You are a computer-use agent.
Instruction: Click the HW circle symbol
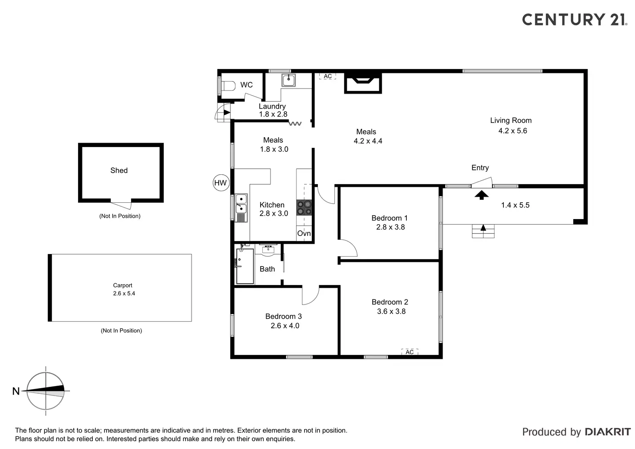[220, 183]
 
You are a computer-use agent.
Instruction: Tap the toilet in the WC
[227, 86]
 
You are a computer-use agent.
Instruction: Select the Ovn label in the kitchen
[304, 233]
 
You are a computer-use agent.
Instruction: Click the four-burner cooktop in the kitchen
[304, 208]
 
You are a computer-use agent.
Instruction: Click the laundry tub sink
[288, 80]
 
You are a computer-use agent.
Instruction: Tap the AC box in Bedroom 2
[410, 352]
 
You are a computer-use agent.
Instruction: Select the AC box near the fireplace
[327, 76]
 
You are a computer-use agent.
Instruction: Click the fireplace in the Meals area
[363, 82]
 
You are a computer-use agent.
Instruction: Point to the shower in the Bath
[245, 266]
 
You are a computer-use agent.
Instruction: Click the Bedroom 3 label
[283, 317]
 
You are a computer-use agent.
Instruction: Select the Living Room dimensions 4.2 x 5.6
[512, 131]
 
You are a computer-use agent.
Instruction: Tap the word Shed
[119, 170]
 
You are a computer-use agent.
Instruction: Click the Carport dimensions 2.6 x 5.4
[124, 293]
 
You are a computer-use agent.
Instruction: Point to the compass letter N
[16, 391]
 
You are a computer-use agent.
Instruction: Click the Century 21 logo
[574, 19]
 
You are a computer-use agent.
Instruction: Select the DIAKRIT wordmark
[608, 432]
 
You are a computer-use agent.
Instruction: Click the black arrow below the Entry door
[481, 195]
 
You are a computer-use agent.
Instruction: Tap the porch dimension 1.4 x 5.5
[515, 205]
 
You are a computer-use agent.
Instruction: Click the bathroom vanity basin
[268, 249]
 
